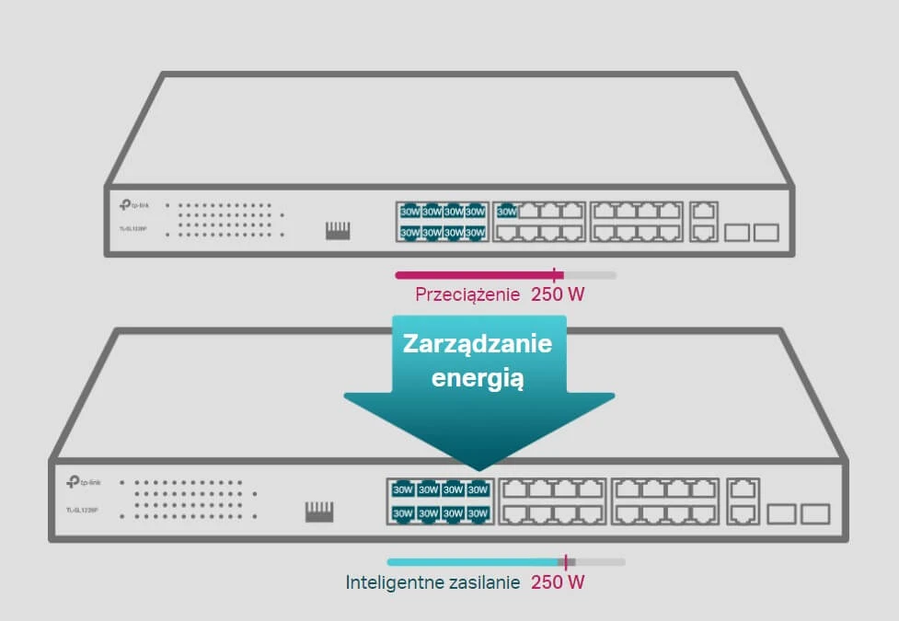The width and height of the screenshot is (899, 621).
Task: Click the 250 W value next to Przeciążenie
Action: pos(559,295)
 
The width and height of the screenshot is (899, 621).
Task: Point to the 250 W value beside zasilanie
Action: pos(559,582)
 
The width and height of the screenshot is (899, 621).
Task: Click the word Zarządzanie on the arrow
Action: pos(477,344)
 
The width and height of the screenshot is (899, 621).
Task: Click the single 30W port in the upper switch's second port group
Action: pos(506,212)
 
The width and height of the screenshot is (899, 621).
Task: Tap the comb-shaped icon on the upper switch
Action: pos(338,230)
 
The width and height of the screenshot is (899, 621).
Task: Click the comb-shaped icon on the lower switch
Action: pos(319,511)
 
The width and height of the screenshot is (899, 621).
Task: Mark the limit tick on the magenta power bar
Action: pos(555,274)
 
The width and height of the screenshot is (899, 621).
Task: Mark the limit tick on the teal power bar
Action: pos(567,561)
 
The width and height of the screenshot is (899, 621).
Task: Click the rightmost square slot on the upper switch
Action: pos(766,233)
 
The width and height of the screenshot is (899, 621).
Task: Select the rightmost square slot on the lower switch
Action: pos(815,514)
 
